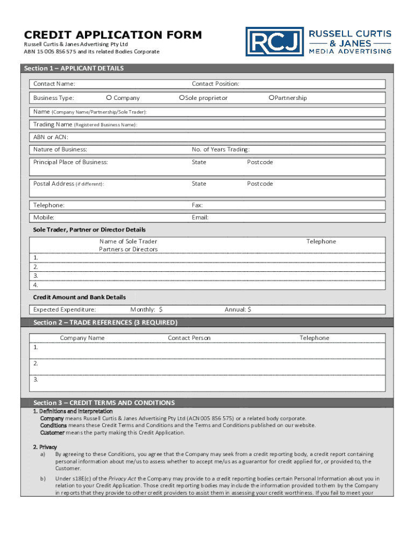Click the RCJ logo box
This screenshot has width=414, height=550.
tap(275, 42)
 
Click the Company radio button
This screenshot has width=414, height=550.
tap(109, 98)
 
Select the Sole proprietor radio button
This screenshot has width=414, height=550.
tap(182, 98)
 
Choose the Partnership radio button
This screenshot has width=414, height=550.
tap(272, 98)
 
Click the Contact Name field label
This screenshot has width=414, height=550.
tap(54, 84)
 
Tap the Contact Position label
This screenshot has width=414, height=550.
tap(215, 84)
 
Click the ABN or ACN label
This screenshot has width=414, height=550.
tap(51, 137)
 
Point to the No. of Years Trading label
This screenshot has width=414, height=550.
tap(220, 149)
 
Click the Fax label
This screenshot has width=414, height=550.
tap(197, 205)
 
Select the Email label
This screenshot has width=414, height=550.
tap(200, 218)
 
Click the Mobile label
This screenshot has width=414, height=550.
tap(44, 218)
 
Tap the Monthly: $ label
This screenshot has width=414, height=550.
tap(146, 309)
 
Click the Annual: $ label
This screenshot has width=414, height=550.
tap(238, 309)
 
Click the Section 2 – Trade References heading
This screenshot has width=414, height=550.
tap(105, 322)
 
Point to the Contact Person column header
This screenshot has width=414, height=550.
tap(189, 338)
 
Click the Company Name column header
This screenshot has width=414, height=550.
tap(82, 338)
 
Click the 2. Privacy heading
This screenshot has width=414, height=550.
tap(45, 447)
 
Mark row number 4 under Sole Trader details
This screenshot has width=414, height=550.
tap(35, 285)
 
